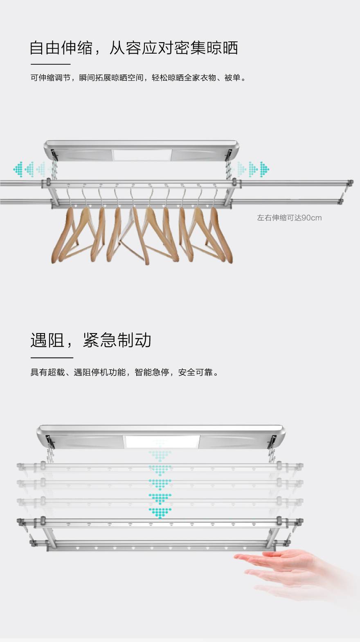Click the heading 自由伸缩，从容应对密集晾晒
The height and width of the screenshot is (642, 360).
coord(134,48)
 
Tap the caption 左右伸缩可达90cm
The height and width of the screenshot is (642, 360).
coord(289,218)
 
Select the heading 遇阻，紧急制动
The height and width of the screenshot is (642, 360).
coord(91,340)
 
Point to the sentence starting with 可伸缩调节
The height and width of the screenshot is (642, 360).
coord(138,78)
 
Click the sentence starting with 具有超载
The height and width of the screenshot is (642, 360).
coord(124,372)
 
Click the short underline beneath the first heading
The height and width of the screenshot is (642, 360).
coord(50,64)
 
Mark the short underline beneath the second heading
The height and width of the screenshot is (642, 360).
coord(52,358)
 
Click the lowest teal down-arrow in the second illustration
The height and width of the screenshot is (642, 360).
coord(160,513)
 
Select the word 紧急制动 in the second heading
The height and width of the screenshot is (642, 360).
coord(117,340)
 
